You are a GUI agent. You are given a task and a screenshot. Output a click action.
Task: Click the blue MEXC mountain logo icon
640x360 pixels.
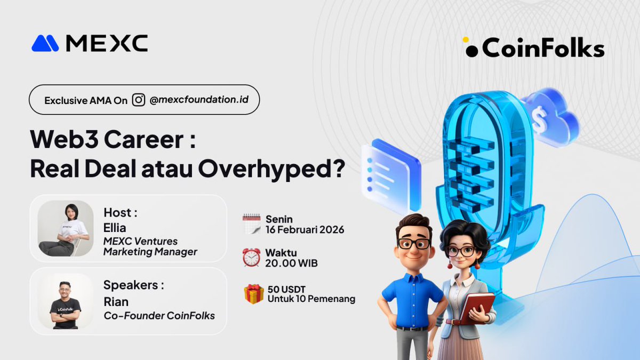[x=45, y=43]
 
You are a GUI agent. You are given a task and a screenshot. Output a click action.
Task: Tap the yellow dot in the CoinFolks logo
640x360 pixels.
[x=465, y=39]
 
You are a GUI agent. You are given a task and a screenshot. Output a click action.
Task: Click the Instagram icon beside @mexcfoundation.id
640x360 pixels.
[x=139, y=100]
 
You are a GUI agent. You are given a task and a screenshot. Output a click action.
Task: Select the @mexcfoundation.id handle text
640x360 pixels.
[x=199, y=100]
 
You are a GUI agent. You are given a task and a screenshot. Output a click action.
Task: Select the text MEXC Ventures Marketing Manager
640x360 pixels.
[x=150, y=246]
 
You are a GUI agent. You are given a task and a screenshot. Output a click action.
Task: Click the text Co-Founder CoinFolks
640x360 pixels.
[x=159, y=316]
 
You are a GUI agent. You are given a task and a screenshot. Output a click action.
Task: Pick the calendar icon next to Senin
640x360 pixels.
[x=251, y=225]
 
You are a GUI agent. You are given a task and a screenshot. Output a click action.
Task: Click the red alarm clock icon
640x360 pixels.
[x=251, y=257]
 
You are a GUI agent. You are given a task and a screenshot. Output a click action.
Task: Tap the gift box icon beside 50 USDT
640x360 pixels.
[x=254, y=294]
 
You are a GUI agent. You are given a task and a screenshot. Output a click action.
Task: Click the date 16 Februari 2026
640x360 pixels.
[x=305, y=230]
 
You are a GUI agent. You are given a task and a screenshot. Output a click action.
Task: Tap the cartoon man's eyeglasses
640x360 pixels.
[x=413, y=243]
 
